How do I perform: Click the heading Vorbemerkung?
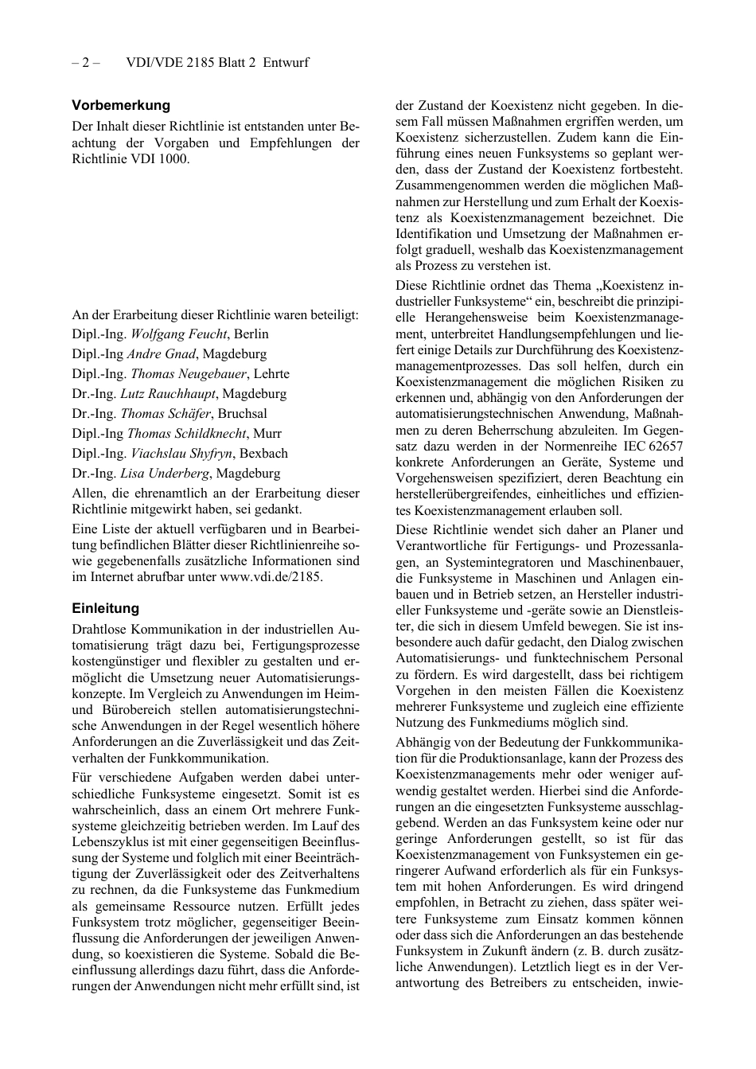[x=121, y=105]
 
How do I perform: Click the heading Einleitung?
[x=105, y=608]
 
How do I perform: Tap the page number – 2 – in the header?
[x=85, y=62]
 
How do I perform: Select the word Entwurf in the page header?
[x=286, y=62]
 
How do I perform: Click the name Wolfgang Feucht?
[x=179, y=334]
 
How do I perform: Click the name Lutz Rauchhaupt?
[x=168, y=394]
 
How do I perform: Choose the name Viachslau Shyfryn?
[x=181, y=454]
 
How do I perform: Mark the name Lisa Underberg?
[x=165, y=474]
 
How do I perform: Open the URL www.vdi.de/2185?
[x=271, y=577]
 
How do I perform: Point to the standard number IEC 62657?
[x=646, y=447]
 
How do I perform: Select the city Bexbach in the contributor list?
[x=263, y=454]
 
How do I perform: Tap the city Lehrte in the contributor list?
[x=271, y=374]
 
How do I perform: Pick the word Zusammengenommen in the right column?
[x=451, y=185]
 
